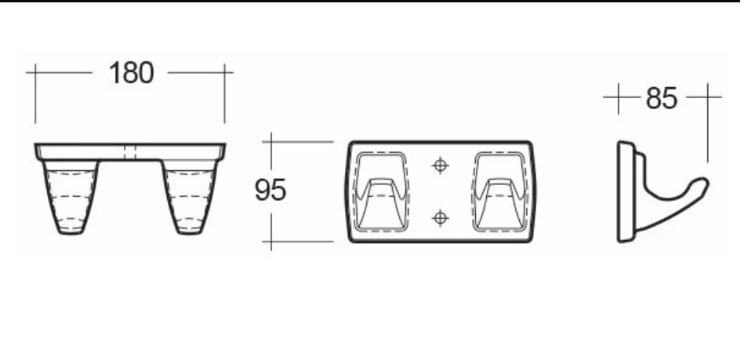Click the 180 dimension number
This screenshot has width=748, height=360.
[x=131, y=73]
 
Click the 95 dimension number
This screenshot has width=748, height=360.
[x=270, y=190]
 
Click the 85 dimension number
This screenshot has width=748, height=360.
[x=661, y=98]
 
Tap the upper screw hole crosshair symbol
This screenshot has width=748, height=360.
[x=440, y=165]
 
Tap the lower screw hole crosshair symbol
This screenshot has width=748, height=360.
[x=440, y=218]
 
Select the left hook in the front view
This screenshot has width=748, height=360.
[x=381, y=191]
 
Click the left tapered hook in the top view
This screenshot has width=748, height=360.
[x=71, y=197]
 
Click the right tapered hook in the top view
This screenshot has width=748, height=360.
[x=190, y=197]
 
